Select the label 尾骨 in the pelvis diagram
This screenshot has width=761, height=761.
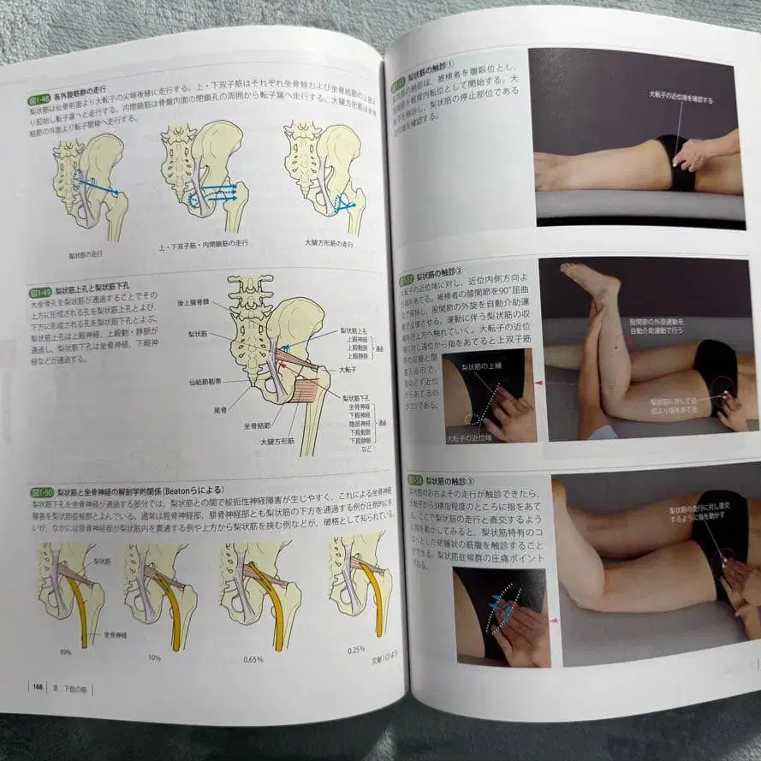220,410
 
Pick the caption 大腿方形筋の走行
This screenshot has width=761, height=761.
328,245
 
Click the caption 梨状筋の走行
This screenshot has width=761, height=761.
86,254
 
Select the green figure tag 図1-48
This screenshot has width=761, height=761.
40,100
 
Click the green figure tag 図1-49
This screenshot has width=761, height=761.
40,293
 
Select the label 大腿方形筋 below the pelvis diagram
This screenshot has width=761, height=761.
277,442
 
